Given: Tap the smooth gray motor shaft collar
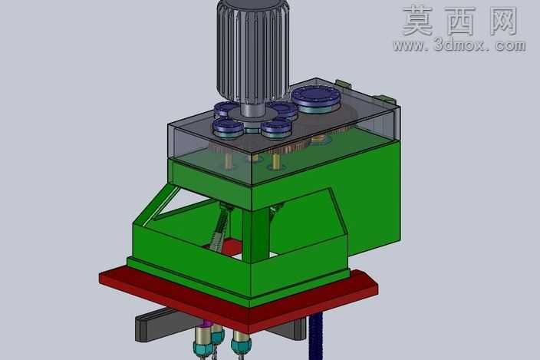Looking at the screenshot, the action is click(253, 110).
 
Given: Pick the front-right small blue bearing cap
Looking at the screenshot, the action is click(276, 128).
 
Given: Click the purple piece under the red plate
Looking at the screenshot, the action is click(206, 323).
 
